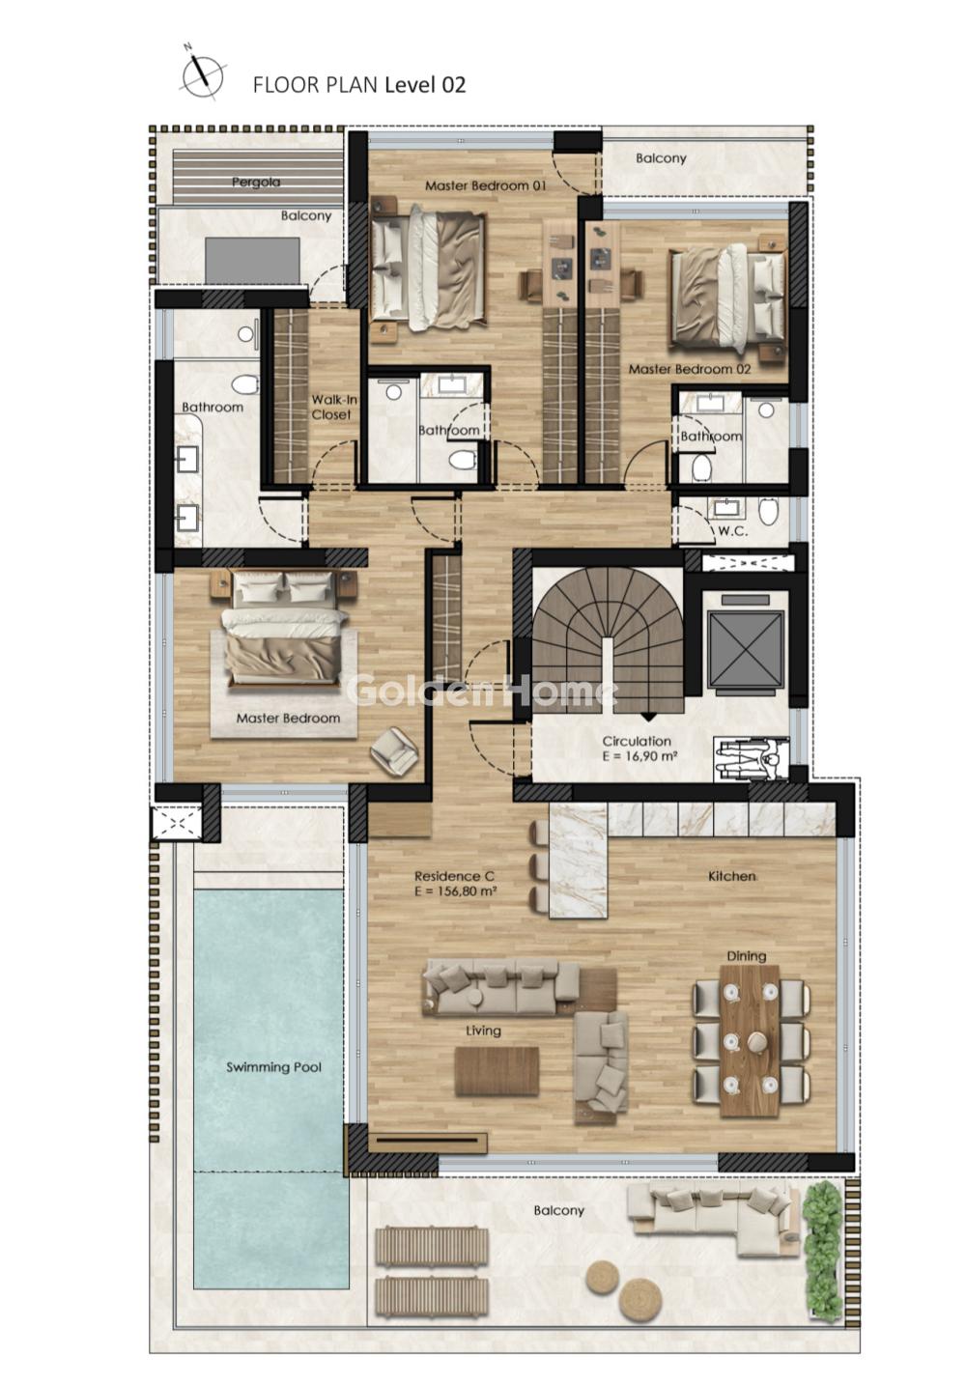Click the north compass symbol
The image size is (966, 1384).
click(x=202, y=75)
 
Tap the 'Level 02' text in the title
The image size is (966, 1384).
click(x=425, y=85)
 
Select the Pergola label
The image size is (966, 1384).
click(x=256, y=183)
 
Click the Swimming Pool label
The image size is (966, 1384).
click(x=273, y=1067)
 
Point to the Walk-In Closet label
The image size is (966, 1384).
click(x=333, y=408)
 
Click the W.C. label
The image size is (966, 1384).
click(x=732, y=531)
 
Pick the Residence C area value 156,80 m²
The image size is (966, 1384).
click(x=457, y=890)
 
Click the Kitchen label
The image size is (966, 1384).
click(x=732, y=876)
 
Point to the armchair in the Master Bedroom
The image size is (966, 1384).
click(x=394, y=750)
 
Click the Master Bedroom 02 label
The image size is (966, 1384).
click(x=689, y=369)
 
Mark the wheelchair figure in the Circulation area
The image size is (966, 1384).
click(x=751, y=760)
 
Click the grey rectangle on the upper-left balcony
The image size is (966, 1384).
click(x=252, y=260)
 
